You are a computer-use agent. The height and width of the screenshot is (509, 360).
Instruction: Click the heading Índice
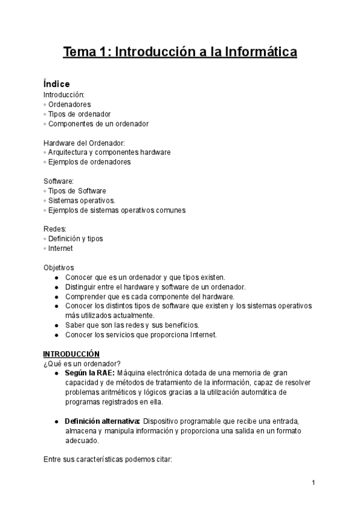tap(56, 84)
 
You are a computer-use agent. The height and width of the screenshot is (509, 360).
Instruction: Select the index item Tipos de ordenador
tap(79, 114)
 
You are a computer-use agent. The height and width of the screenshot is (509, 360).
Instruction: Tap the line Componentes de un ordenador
tap(98, 124)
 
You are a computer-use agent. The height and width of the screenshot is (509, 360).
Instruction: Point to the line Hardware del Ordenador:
tap(83, 143)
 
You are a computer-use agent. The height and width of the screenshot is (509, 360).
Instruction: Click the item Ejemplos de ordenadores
tap(89, 162)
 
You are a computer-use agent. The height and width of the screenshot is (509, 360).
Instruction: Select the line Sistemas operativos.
tap(82, 200)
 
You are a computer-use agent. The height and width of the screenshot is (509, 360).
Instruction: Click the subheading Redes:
tap(54, 229)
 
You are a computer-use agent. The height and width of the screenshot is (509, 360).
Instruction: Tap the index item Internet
tap(61, 248)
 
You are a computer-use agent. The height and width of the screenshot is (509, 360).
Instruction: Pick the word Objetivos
tap(59, 268)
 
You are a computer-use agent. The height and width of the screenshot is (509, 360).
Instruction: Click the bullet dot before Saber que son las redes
tap(56, 325)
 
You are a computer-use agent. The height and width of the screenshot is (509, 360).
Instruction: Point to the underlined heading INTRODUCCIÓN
tap(71, 354)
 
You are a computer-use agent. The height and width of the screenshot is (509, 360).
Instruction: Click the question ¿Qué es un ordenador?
tap(82, 364)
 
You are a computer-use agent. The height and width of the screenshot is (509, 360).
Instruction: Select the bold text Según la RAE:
tap(89, 373)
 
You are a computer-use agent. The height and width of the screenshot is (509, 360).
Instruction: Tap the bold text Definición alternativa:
tap(103, 421)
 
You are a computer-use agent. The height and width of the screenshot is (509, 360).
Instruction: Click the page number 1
tap(314, 483)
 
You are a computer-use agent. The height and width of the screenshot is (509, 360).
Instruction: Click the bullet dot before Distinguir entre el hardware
tap(56, 287)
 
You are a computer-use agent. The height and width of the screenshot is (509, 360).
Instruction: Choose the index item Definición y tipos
tap(76, 239)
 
